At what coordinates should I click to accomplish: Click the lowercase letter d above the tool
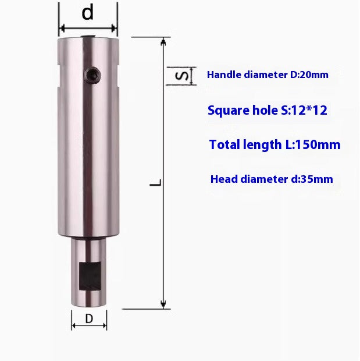(88, 12)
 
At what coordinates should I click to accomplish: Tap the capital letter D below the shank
(89, 319)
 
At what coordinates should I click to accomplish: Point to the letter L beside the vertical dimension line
(156, 183)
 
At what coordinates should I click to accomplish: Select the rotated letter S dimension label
(181, 76)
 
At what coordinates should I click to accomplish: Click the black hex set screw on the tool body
(92, 75)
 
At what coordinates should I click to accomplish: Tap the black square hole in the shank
(90, 276)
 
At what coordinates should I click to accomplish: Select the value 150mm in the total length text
(317, 145)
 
